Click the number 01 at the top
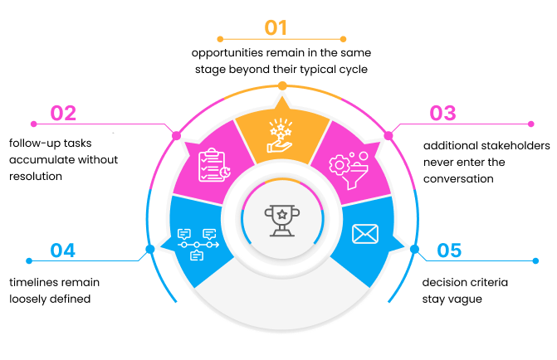point(276,27)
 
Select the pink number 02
point(63,113)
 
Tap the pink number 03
point(442,113)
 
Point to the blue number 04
point(63,250)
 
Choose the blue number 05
point(449,250)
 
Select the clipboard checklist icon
point(213,164)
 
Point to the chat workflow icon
point(197,244)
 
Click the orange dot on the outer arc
point(283,85)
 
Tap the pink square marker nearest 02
point(176,134)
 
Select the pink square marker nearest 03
point(388,134)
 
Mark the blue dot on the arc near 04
point(149,248)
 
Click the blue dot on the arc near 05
point(414,249)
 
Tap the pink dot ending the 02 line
point(33,124)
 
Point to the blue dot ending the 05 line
point(535,261)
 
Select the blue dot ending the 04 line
point(29,261)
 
